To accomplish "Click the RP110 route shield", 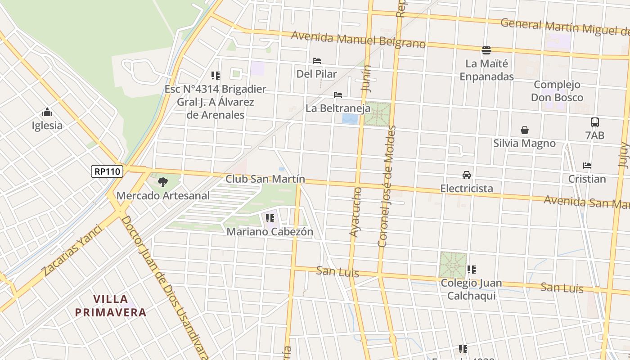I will [107, 171].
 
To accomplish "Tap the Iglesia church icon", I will [47, 112].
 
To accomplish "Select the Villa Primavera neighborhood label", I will [111, 306].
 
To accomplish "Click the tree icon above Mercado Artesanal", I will [163, 182].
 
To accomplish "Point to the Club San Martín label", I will [265, 179].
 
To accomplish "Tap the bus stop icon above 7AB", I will [595, 122].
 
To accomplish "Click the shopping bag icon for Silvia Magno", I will [524, 130].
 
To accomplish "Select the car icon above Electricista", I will [467, 175].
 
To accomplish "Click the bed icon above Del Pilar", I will [317, 61].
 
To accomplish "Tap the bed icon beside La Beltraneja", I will [338, 95].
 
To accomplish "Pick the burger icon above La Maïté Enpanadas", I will [486, 50].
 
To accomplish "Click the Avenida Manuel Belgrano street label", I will [358, 40].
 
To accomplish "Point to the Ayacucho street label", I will [355, 212].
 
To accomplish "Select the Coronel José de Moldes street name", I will [387, 186].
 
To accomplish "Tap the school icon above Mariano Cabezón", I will [270, 219].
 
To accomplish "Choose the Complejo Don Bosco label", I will [557, 91].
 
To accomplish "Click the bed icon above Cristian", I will [587, 166].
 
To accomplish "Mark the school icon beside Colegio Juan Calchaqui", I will [471, 270].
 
